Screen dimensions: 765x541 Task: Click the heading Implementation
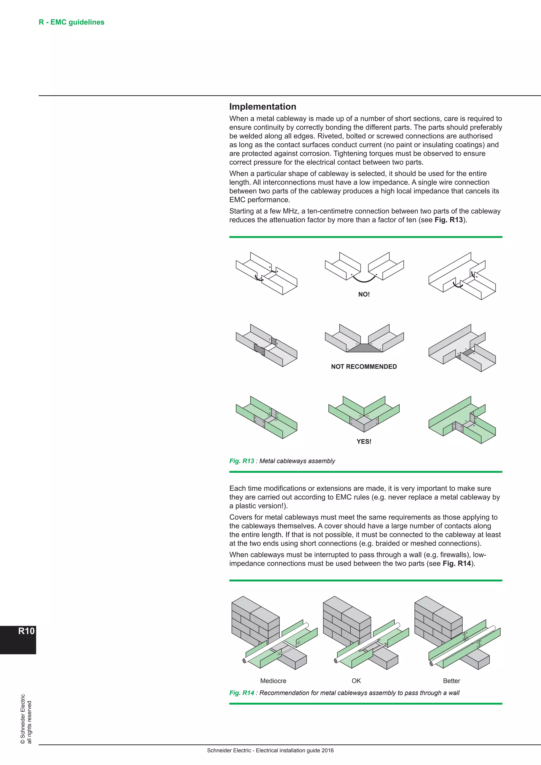click(263, 107)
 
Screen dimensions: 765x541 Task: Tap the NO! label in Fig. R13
click(364, 294)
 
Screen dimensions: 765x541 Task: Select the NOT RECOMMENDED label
click(364, 366)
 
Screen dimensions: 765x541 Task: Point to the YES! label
click(364, 441)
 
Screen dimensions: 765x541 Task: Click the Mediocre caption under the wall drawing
click(273, 681)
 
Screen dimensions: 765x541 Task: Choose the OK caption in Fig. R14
click(356, 681)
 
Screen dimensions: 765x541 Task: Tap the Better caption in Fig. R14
click(451, 681)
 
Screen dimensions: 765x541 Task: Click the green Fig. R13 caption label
click(241, 461)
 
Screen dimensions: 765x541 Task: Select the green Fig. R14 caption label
click(241, 693)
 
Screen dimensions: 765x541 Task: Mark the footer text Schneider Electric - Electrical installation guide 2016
click(270, 750)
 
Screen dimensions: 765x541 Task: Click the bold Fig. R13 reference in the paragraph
click(448, 220)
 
